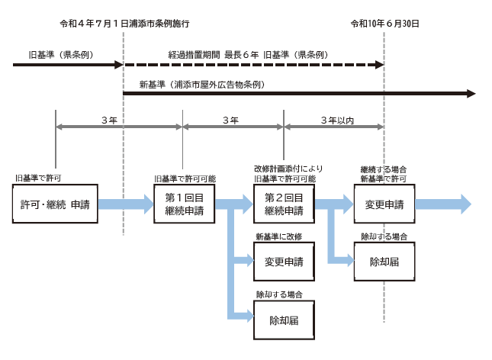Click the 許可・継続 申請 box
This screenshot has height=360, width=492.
pos(55,204)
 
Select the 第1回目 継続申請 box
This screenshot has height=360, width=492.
pos(184,204)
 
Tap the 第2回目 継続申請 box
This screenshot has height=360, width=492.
pos(284,204)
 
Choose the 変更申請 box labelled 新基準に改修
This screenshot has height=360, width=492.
pos(284,262)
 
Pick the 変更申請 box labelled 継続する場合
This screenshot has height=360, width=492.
pos(384,204)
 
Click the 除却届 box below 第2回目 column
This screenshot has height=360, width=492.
pos(284,320)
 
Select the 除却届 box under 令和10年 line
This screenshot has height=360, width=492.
pos(384,262)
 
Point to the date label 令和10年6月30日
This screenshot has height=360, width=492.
pos(384,24)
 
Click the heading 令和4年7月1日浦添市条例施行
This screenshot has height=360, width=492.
pos(124,24)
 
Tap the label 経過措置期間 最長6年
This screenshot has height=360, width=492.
pos(214,55)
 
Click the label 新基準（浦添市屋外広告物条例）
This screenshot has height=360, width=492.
pos(202,85)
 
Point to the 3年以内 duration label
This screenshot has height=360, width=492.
pos(337,121)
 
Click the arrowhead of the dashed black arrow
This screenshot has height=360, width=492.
pos(380,65)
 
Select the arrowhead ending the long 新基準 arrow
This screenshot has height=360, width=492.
pos(471,94)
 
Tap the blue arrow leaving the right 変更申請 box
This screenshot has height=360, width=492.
pos(443,204)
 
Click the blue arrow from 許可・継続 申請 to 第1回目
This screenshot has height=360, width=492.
pos(126,204)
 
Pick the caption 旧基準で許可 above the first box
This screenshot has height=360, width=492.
pos(38,178)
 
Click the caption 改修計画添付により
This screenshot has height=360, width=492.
pos(288,169)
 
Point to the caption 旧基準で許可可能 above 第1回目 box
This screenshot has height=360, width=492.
pos(185,178)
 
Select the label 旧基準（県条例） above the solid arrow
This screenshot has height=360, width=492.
pos(61,55)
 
